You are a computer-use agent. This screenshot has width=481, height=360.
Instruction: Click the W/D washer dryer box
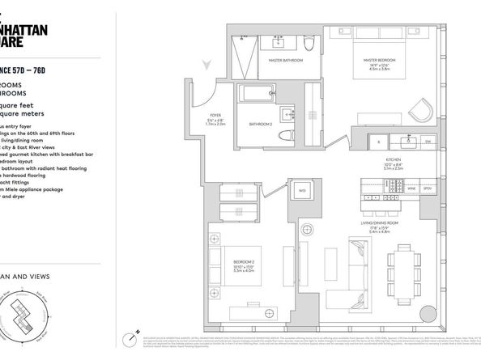(279, 191)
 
